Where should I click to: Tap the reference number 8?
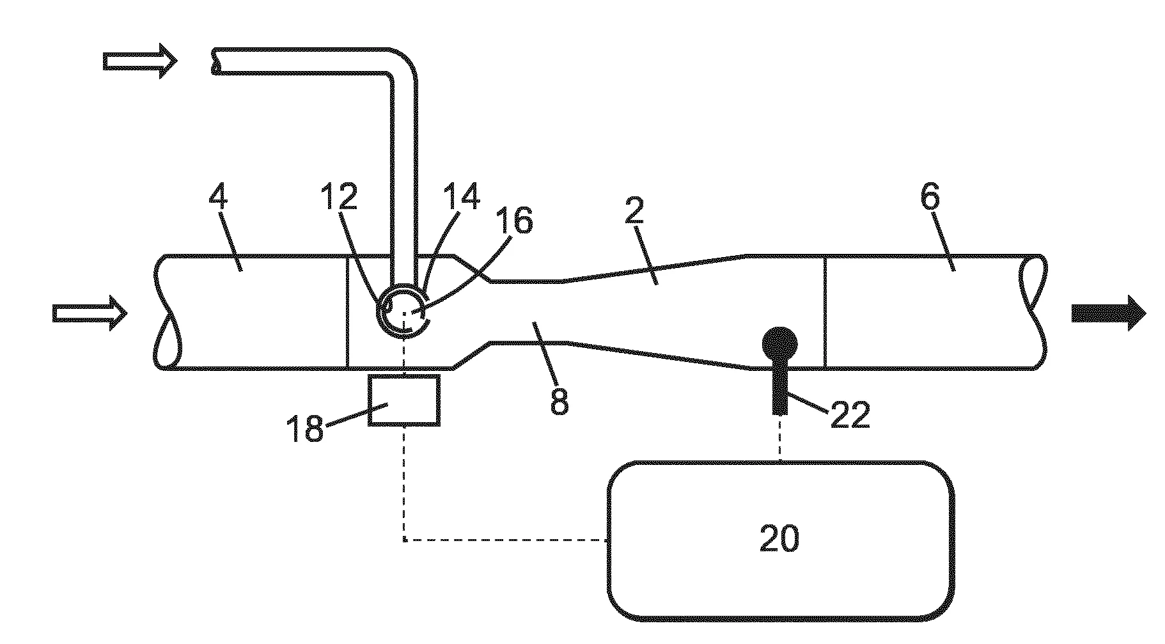click(x=558, y=402)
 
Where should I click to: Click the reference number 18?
click(x=305, y=428)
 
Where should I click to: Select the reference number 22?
click(x=850, y=416)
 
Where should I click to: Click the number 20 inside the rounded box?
click(x=779, y=538)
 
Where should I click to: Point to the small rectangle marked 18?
click(x=404, y=400)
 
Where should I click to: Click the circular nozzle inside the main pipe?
click(x=403, y=313)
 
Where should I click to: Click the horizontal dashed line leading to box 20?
click(x=505, y=540)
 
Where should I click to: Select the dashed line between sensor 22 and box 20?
click(x=779, y=438)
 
